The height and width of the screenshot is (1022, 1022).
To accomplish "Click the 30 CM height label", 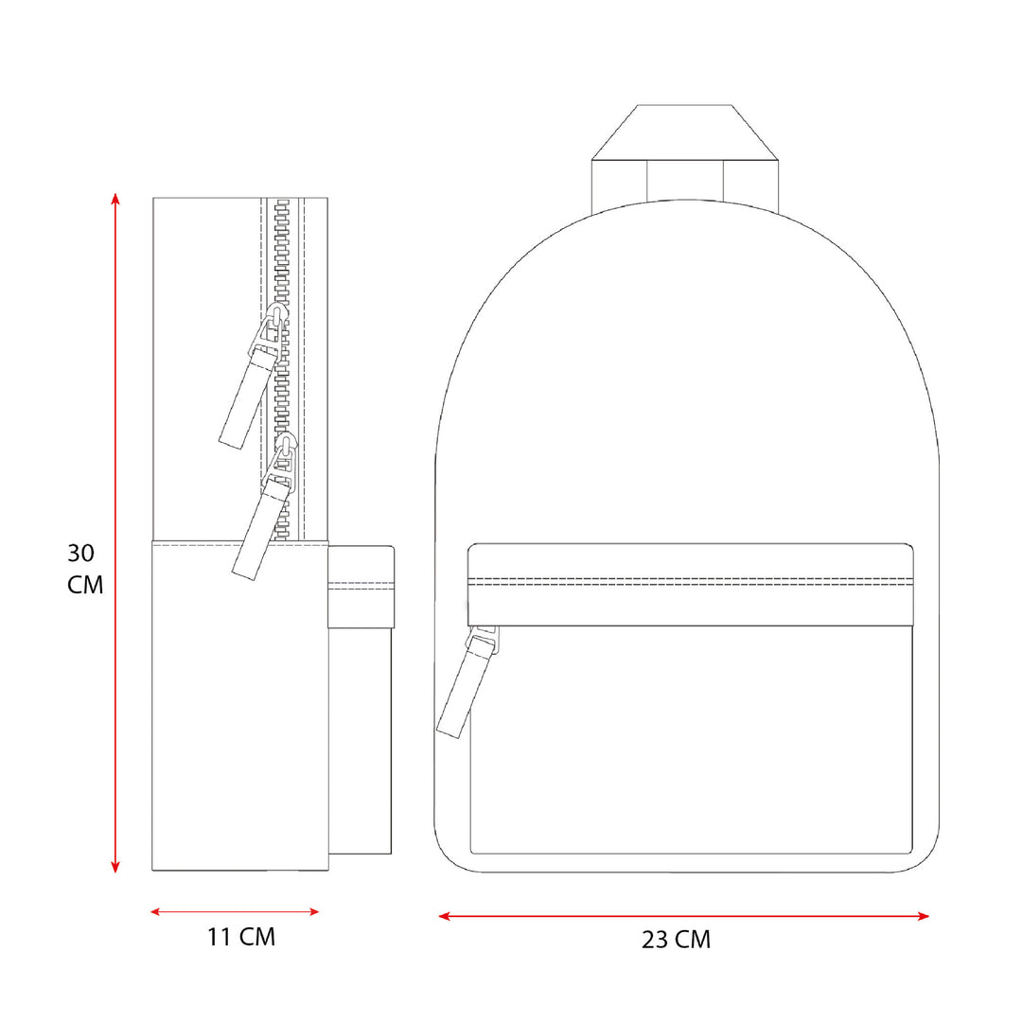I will (x=85, y=569).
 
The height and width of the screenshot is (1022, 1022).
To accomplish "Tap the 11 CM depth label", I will (x=241, y=938).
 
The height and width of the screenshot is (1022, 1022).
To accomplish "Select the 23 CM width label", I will (x=676, y=940).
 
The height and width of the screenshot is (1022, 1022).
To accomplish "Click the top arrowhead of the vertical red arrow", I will (x=115, y=199).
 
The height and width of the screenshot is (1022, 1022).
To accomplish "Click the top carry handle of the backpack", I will (x=684, y=132).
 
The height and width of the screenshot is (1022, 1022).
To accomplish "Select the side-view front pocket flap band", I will (x=361, y=587).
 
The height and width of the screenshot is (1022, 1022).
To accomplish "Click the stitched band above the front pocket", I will (x=691, y=585).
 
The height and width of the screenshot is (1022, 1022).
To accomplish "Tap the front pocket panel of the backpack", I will (x=691, y=738).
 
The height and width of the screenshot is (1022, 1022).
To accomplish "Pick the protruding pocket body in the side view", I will (x=361, y=738).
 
